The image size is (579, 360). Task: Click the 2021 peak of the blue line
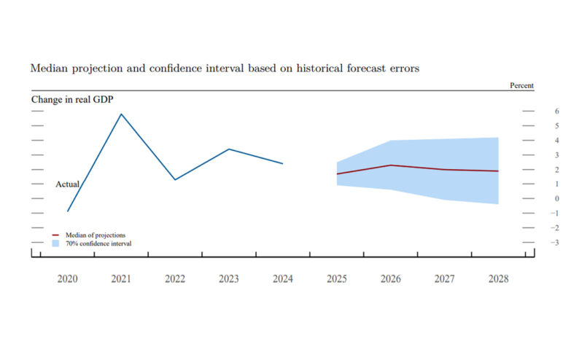coord(121,114)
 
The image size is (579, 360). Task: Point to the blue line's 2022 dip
coord(175,179)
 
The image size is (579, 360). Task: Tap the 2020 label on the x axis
coord(67,278)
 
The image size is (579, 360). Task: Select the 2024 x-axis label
coord(282,278)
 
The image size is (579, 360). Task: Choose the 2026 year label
coord(390,278)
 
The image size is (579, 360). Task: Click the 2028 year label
coord(497,278)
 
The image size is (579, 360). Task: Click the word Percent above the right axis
coord(521,86)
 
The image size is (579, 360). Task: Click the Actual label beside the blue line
coord(67,184)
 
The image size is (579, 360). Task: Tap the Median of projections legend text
coord(95,235)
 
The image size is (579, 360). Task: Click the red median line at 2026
coord(391,165)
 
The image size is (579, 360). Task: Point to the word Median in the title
coord(47,68)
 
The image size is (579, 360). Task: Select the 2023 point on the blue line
coord(229,149)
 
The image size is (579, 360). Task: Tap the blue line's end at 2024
coord(282,163)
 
